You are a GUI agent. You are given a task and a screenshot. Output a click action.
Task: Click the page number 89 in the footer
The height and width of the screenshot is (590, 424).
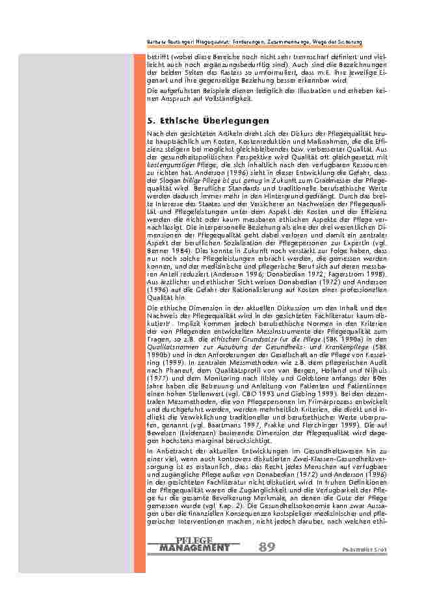(267, 547)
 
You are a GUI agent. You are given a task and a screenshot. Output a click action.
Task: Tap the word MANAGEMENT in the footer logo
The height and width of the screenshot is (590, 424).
(194, 548)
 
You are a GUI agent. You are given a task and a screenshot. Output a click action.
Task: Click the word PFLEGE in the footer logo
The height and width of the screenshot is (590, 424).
(194, 541)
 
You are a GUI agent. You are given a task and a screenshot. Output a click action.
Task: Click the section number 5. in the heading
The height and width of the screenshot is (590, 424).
(152, 121)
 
